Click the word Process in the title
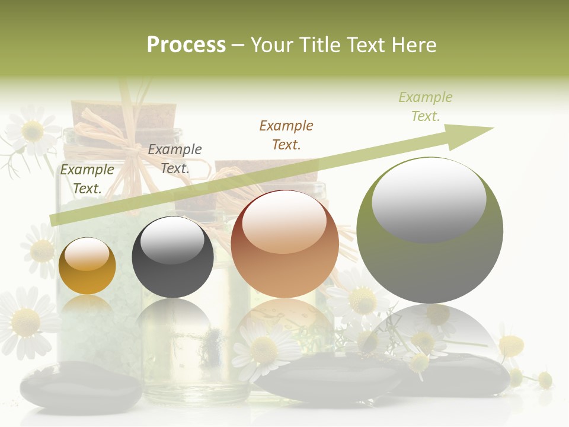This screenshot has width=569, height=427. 186,44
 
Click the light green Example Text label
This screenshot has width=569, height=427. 426,107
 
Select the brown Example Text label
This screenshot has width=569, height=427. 286,135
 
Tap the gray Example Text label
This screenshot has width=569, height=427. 175,158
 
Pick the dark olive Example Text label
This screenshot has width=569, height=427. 87,179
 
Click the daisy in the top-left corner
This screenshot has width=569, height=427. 31,129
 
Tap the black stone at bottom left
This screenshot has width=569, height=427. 80,388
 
